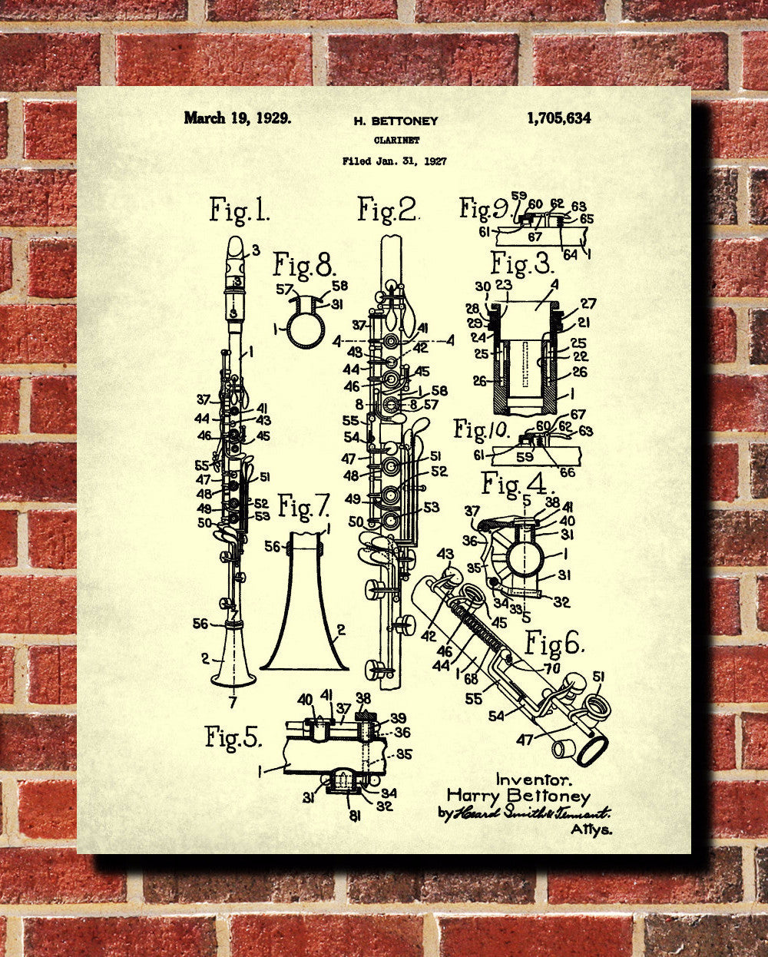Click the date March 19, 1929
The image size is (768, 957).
(237, 118)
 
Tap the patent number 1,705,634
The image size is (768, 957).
(559, 118)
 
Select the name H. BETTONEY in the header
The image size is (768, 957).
(395, 121)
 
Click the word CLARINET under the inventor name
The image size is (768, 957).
(395, 140)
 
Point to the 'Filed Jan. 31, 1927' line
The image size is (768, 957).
(395, 161)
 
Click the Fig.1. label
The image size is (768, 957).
(239, 210)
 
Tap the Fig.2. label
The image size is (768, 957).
(388, 210)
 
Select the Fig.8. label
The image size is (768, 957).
(305, 267)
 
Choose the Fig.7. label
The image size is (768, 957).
(303, 507)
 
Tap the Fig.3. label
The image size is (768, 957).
(522, 265)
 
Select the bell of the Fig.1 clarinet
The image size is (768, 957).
(233, 664)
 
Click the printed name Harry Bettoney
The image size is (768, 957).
(518, 796)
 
